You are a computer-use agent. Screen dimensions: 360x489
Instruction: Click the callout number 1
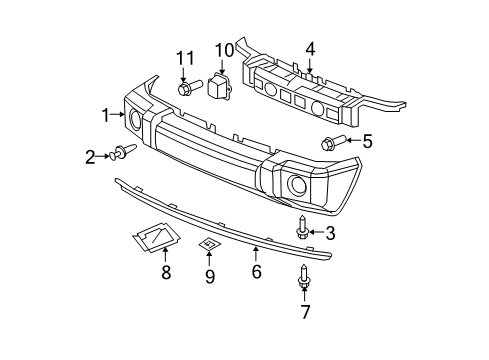point(103,117)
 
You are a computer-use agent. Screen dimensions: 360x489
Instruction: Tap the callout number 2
point(90,155)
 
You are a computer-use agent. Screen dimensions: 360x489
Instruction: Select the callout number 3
point(330,233)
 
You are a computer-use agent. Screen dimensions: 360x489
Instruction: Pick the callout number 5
point(367,141)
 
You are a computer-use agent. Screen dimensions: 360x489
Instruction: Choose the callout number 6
point(256,271)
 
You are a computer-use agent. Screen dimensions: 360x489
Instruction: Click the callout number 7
point(304,311)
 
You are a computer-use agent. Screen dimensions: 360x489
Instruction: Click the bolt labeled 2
point(122,153)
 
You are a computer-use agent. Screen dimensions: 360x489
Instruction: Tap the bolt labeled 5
point(331,142)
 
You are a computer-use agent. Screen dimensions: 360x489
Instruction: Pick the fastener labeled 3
point(303,231)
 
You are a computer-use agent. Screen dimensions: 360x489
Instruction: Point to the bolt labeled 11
point(186,90)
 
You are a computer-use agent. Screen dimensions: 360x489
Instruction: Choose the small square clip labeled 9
point(209,243)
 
